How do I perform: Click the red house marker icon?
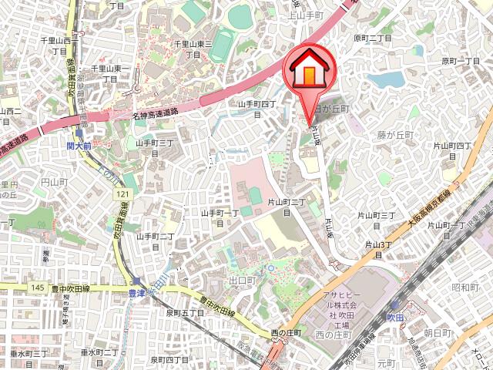click(x=310, y=72)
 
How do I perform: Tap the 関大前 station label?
click(x=79, y=144)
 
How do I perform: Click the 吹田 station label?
click(x=394, y=317)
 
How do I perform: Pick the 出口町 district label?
click(x=242, y=280)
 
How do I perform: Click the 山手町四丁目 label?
click(x=256, y=109)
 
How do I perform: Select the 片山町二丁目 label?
click(x=287, y=207)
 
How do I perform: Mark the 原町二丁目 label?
click(x=373, y=37)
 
